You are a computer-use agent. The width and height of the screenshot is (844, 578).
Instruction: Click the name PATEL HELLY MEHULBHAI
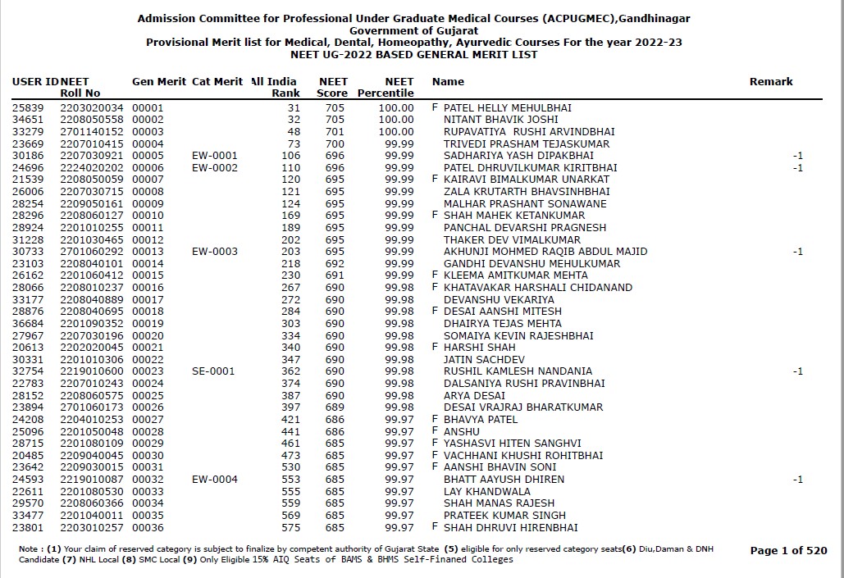tap(507, 108)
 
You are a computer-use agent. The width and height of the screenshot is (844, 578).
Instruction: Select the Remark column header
tap(771, 82)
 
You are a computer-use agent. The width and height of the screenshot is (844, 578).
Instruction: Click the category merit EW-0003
tap(214, 252)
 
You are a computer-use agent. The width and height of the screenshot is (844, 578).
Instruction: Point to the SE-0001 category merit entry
tap(214, 371)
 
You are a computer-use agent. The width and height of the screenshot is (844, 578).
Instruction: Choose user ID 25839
tap(28, 108)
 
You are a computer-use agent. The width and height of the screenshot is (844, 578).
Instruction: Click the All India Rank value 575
tap(290, 527)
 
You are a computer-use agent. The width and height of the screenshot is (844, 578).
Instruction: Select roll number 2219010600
tap(92, 371)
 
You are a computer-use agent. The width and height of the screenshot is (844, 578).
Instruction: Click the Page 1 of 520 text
tap(788, 551)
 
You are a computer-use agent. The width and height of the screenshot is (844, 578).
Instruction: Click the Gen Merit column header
tap(158, 82)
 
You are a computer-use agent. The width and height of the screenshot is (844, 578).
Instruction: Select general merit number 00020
tap(148, 336)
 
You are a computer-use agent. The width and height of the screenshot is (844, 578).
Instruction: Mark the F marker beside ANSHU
tap(435, 431)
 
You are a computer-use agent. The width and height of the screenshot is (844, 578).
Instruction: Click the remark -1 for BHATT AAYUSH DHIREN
tap(797, 480)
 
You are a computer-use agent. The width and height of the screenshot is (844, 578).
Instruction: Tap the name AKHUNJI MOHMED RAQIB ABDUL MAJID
tap(545, 252)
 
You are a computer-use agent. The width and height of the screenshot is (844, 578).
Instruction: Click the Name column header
tap(448, 82)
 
